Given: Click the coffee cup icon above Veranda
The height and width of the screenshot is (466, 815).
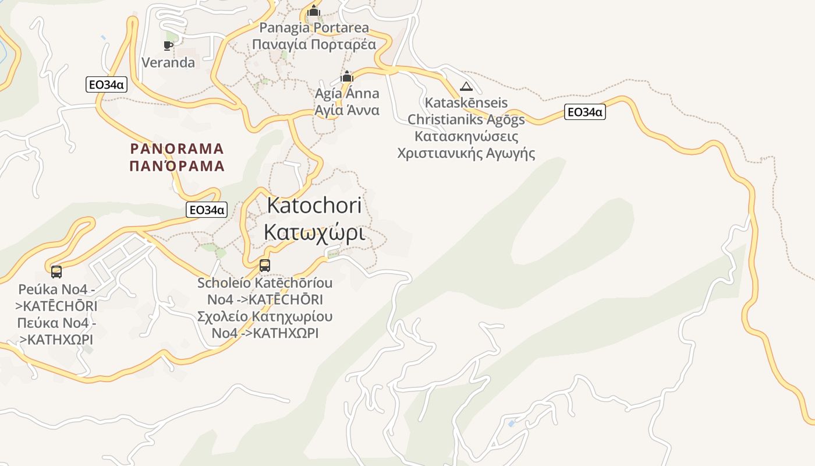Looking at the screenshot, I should point(168,45).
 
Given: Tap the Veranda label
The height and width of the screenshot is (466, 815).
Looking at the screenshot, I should point(168,62).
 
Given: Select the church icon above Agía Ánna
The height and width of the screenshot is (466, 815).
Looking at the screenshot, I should point(347,77).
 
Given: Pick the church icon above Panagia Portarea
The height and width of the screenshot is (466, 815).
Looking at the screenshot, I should point(314,11).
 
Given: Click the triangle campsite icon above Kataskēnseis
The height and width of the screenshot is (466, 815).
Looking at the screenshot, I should point(466,87).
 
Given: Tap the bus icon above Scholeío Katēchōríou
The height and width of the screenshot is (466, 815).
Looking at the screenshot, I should point(265,266).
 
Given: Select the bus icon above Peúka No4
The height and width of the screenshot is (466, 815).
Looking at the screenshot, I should point(56,271).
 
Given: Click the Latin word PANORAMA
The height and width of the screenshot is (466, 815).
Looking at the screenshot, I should point(177,149).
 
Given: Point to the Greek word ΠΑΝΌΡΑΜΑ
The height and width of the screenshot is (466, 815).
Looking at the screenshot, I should point(177,166).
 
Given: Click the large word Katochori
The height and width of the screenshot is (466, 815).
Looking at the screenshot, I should point(314,205).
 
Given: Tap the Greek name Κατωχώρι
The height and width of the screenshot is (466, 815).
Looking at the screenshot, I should point(314,232).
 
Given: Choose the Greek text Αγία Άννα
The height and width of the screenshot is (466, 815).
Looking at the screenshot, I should point(347,110).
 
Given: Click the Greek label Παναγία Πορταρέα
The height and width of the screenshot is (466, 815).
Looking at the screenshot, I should point(314,44).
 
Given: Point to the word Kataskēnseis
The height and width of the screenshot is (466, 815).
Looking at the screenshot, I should point(466,103).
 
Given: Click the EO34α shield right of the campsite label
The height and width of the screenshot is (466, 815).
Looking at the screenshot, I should point(584,112).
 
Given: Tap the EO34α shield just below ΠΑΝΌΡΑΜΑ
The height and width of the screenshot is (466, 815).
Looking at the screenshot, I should point(206,210).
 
